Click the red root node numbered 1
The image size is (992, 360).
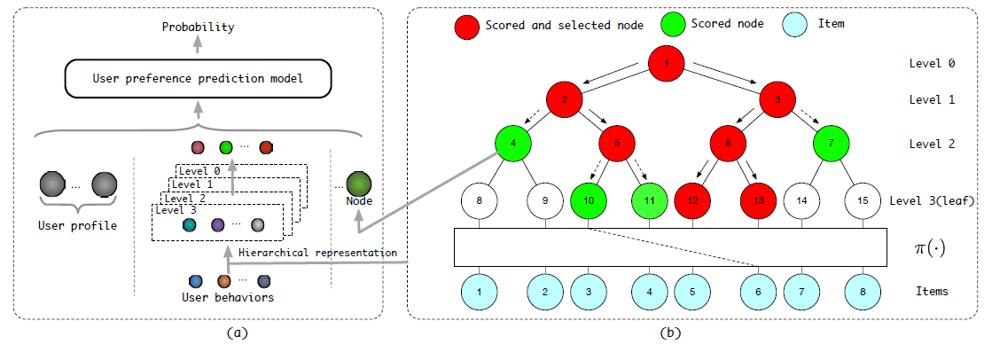[x=668, y=63]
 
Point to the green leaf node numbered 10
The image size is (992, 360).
[x=589, y=201]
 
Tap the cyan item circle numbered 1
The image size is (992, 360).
[x=479, y=291]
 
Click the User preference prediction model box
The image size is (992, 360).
[x=198, y=80]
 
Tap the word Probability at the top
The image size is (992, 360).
[x=198, y=27]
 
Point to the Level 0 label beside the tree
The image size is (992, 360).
[x=932, y=64]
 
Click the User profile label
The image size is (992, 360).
[x=78, y=225]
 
